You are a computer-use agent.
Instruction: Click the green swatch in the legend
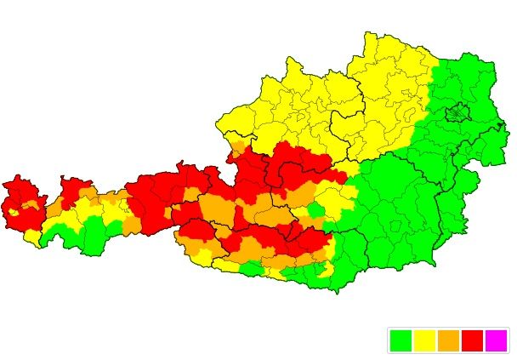[x=401, y=340]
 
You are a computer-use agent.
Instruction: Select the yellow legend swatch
[x=424, y=340]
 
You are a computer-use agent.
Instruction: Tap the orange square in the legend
[x=448, y=340]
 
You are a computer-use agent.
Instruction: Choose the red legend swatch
[x=472, y=340]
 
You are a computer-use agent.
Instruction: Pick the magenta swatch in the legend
[x=495, y=340]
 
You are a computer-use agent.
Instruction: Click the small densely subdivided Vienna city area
[x=458, y=111]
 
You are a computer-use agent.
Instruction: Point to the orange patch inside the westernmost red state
[x=30, y=205]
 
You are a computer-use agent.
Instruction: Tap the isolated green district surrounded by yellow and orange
[x=315, y=209]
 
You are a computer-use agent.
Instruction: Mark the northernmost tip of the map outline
[x=369, y=33]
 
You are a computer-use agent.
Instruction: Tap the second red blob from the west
[x=75, y=191]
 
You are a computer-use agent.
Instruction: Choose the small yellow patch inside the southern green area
[x=323, y=270]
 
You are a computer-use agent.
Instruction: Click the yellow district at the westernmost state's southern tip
[x=31, y=236]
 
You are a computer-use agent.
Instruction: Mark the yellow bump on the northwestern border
[x=293, y=64]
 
